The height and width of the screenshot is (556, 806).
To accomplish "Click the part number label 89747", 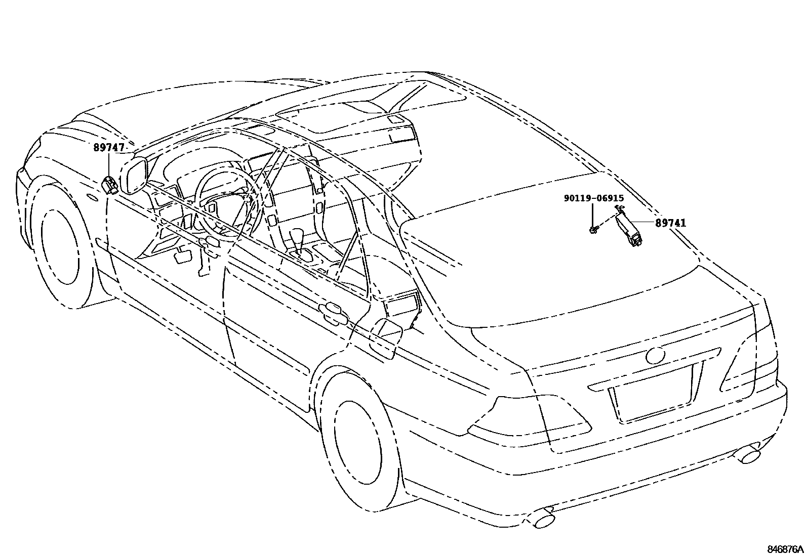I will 109,148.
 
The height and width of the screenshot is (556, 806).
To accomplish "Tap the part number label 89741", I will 671,223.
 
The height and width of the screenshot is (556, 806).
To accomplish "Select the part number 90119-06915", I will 594,199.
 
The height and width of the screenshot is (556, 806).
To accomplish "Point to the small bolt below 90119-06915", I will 593,230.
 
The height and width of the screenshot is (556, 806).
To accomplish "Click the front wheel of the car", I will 61,248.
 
